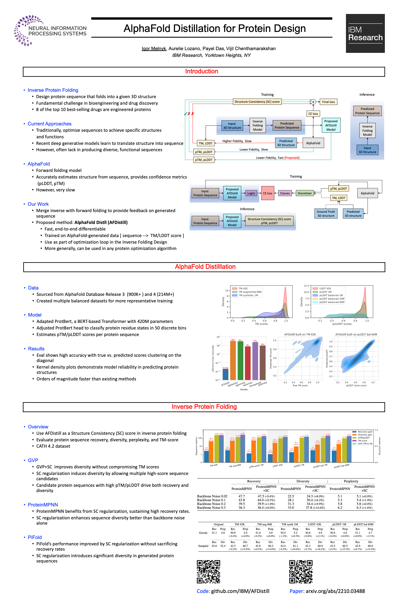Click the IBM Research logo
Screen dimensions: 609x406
pyautogui.click(x=365, y=33)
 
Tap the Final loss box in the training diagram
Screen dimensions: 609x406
pyautogui.click(x=328, y=102)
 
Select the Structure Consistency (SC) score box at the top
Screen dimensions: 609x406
pyautogui.click(x=257, y=102)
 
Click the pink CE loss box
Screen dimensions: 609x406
pyautogui.click(x=267, y=193)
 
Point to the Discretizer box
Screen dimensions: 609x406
pyautogui.click(x=304, y=193)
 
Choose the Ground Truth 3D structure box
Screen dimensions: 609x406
pyautogui.click(x=326, y=214)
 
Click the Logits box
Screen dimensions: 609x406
pyautogui.click(x=251, y=193)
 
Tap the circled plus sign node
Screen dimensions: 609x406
pyautogui.click(x=313, y=102)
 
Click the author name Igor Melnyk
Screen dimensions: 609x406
pyautogui.click(x=154, y=49)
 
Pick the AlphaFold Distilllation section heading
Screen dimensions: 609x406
pyautogui.click(x=205, y=267)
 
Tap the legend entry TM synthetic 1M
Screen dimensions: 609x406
pyautogui.click(x=248, y=295)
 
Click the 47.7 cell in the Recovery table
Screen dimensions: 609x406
pyautogui.click(x=241, y=496)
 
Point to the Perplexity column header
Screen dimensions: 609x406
pyautogui.click(x=351, y=481)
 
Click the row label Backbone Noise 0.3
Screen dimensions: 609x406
pyautogui.click(x=211, y=508)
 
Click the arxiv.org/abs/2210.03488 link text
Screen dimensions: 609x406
pyautogui.click(x=335, y=591)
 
